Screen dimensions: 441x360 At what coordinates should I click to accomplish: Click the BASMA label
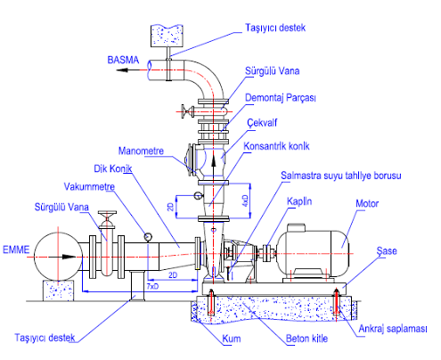point(123,60)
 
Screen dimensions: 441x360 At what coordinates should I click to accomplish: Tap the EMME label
point(16,250)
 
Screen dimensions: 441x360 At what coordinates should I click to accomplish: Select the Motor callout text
point(367,204)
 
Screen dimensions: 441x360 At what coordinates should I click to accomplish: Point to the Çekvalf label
point(262,123)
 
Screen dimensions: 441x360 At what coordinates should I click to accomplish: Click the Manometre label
point(141,151)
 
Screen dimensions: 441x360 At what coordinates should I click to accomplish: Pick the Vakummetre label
point(89,187)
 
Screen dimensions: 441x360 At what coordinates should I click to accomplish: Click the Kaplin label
point(299,201)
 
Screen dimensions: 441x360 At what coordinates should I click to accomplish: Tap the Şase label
point(387,251)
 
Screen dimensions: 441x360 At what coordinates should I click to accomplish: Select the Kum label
point(232,339)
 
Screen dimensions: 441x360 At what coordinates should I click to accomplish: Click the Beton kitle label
point(306,339)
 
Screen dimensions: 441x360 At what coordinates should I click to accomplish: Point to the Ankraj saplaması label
point(393,329)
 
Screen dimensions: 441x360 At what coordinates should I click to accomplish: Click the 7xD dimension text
point(152,286)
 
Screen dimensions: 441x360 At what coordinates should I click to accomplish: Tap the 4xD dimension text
point(245,200)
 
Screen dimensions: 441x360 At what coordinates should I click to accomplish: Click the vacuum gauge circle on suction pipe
point(148,237)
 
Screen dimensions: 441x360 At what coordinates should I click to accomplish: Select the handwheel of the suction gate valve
point(107,213)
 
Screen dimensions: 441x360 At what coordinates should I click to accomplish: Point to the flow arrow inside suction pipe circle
point(63,257)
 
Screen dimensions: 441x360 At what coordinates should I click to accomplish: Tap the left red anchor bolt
point(211,302)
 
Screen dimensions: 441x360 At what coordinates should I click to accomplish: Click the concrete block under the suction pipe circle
point(58,290)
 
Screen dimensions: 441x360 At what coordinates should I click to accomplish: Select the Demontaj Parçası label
point(281,98)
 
